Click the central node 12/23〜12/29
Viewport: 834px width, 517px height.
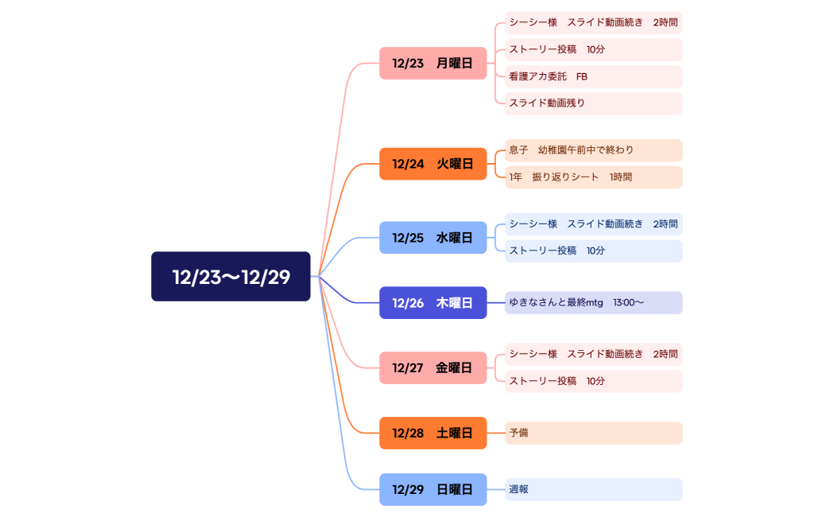click(231, 277)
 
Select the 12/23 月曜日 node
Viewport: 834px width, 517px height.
click(433, 64)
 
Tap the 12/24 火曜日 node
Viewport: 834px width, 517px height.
click(433, 164)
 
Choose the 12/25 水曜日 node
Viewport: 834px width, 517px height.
click(433, 238)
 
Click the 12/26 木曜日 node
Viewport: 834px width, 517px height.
click(433, 303)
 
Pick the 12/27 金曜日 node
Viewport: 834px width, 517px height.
click(433, 368)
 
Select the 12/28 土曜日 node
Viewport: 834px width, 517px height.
click(433, 433)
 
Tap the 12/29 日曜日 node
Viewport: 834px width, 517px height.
click(433, 490)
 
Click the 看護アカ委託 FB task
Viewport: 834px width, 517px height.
click(593, 77)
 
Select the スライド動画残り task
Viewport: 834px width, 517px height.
click(593, 103)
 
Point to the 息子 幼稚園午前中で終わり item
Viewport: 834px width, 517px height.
click(593, 150)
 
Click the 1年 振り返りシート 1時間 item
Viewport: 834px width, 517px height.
click(593, 177)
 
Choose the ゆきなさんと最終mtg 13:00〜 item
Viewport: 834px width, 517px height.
click(593, 303)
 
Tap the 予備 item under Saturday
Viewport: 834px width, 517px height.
click(593, 433)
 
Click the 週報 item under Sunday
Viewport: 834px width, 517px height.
click(593, 490)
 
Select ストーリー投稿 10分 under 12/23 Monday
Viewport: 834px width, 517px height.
click(593, 50)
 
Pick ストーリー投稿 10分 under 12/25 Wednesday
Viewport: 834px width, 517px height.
click(593, 251)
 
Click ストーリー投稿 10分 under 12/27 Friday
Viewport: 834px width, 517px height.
click(593, 382)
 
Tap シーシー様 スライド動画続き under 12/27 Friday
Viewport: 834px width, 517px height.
click(593, 355)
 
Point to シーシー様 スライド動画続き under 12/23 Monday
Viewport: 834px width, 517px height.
click(593, 23)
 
